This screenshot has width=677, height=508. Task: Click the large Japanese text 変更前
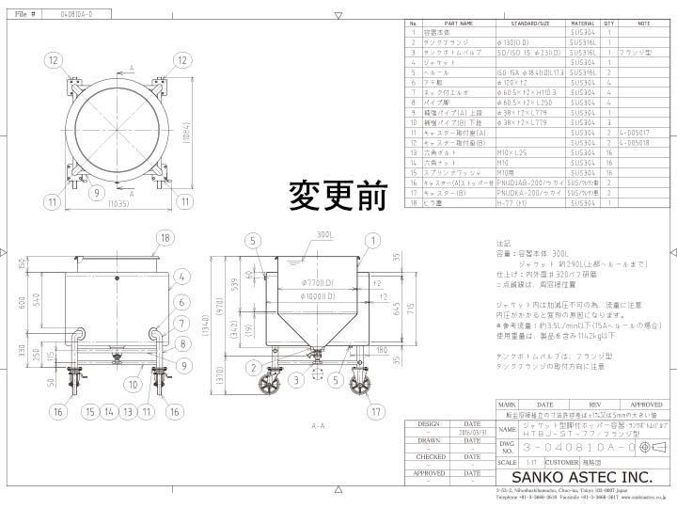point(338,196)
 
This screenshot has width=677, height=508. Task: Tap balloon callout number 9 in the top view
point(97,194)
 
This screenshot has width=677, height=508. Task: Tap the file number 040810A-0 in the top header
point(76,14)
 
